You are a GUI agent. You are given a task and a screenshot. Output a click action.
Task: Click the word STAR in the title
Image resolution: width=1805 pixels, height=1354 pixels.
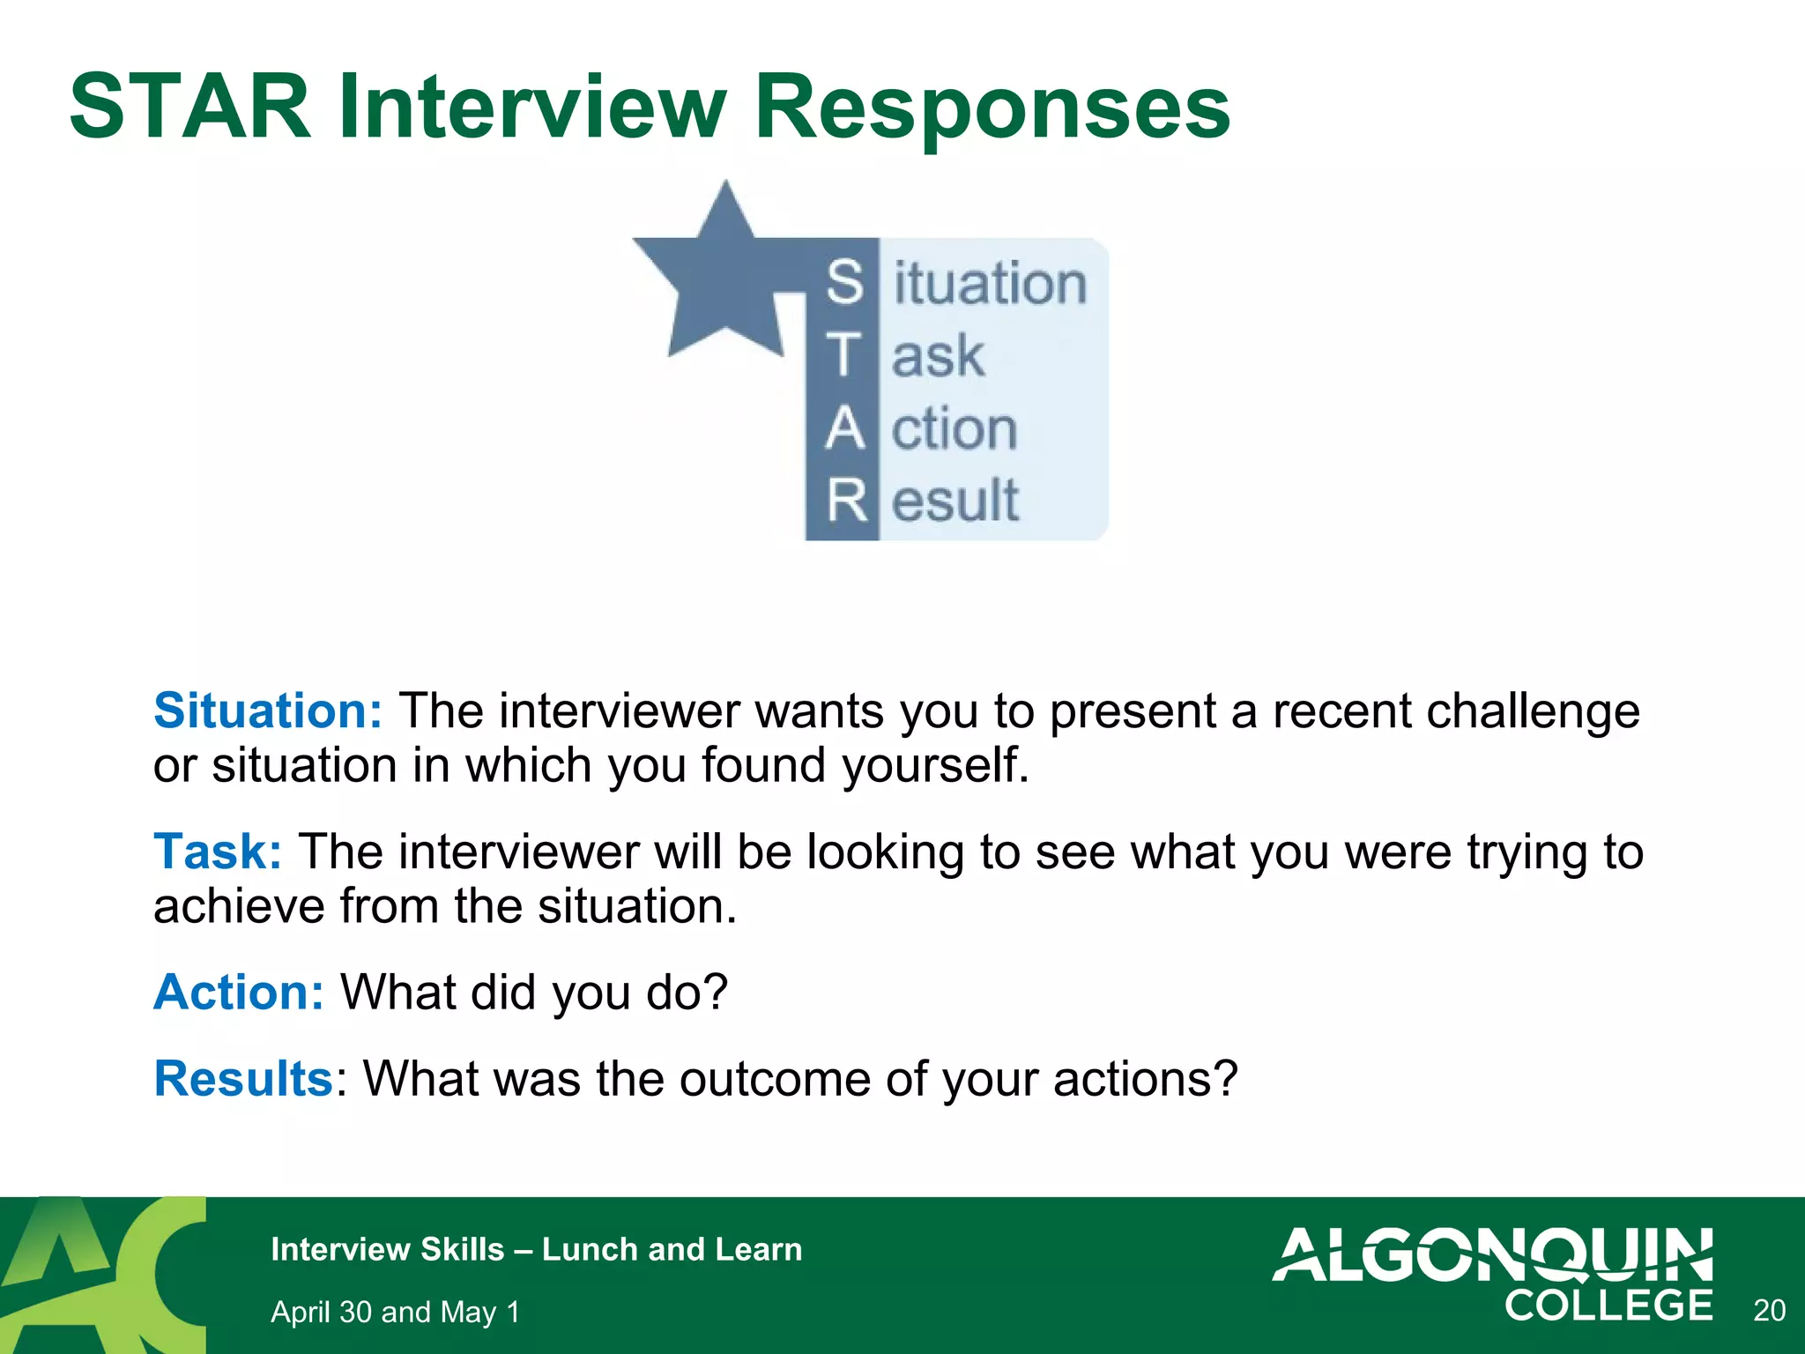(x=190, y=108)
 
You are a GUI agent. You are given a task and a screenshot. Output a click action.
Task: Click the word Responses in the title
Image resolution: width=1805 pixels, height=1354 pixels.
(x=992, y=108)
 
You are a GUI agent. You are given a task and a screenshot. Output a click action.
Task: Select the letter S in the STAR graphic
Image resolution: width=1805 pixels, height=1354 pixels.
(x=844, y=282)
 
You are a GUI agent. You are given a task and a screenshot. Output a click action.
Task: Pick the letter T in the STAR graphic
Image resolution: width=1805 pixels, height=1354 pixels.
(x=843, y=355)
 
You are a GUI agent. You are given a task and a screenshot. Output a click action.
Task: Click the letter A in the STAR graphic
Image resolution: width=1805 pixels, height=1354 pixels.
(x=844, y=428)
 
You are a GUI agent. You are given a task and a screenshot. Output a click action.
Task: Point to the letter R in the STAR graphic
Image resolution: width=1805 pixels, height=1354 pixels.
(x=846, y=501)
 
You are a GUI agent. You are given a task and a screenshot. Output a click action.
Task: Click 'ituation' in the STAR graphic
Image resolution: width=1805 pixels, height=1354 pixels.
(x=990, y=284)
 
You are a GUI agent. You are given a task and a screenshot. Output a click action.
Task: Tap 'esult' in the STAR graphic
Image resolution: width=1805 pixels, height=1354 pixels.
(x=955, y=501)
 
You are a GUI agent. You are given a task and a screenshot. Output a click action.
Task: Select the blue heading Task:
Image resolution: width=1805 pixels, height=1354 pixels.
(x=218, y=852)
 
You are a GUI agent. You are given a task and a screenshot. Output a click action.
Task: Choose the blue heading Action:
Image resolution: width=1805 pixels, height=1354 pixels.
(x=239, y=992)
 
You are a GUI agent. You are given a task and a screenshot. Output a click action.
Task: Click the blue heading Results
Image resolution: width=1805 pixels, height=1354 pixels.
(x=242, y=1078)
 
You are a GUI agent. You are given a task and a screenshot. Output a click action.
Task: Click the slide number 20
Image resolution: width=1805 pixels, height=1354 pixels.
(x=1769, y=1311)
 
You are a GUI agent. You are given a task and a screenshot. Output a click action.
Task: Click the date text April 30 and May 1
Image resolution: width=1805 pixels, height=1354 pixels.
(x=395, y=1312)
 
